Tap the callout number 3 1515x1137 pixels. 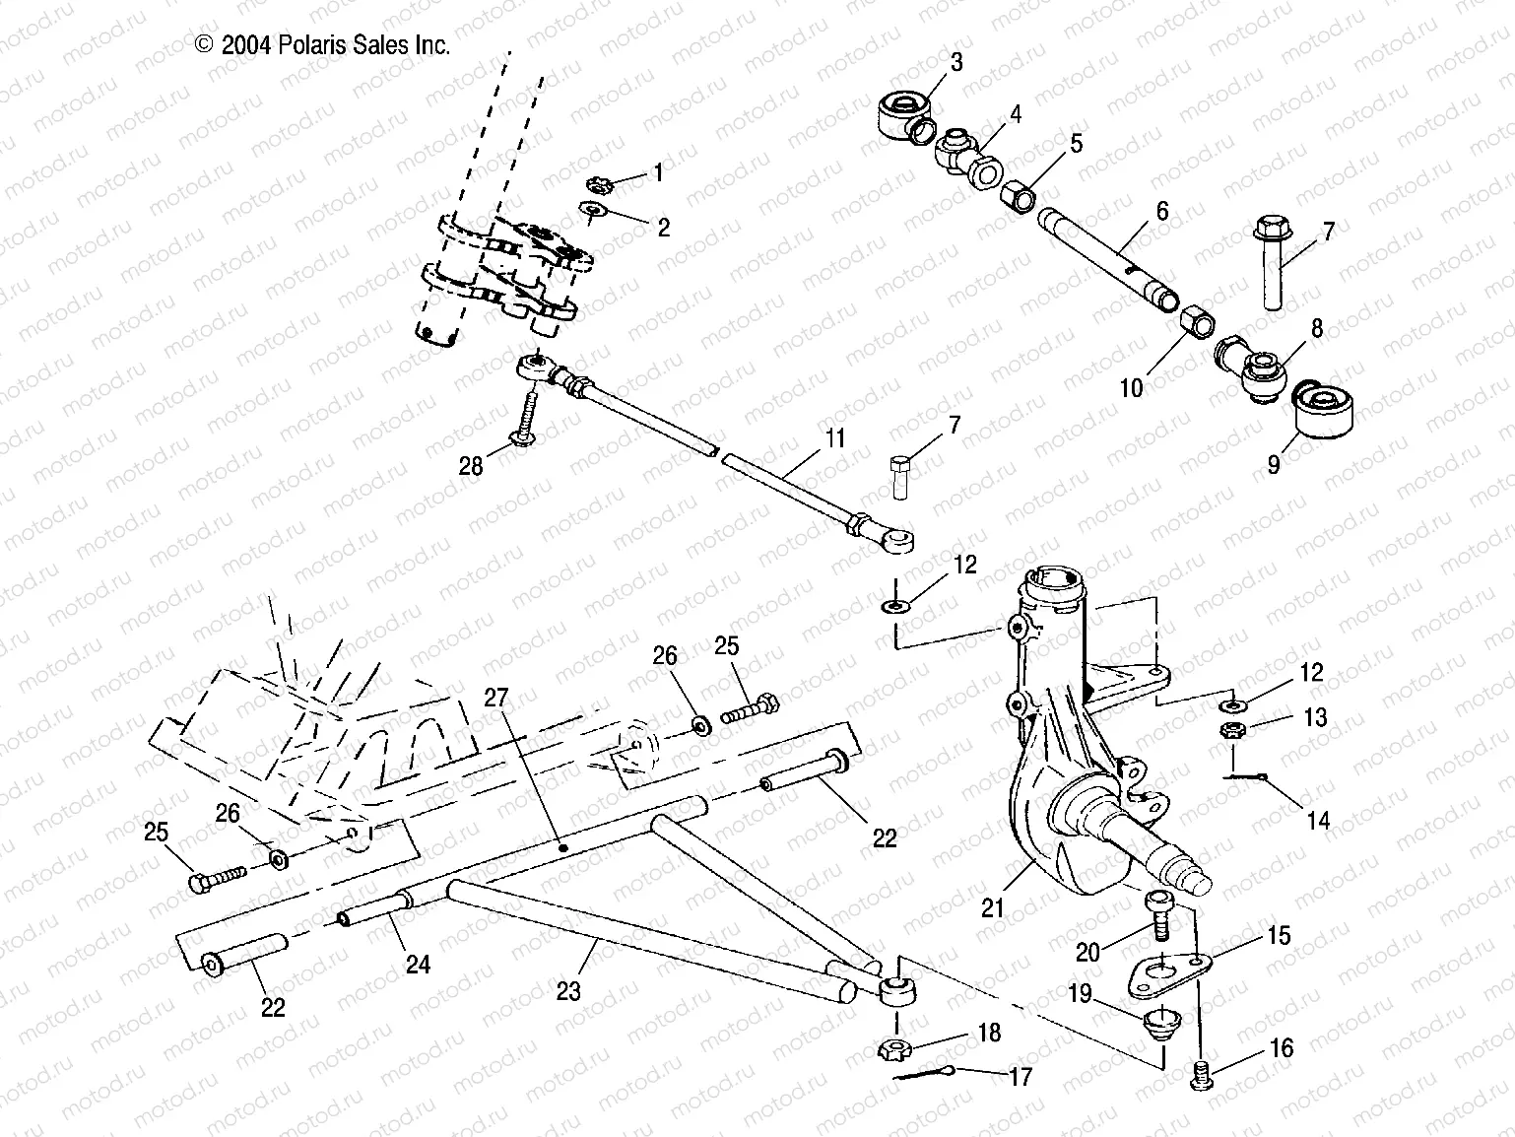tap(956, 63)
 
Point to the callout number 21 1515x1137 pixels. tap(993, 906)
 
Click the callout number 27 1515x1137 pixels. tap(495, 699)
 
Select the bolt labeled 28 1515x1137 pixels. tap(523, 418)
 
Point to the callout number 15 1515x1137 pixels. tap(1278, 934)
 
